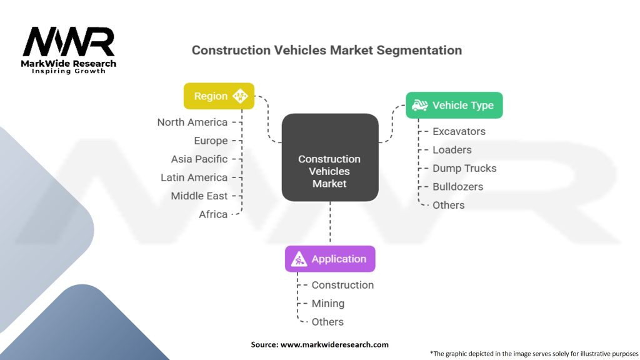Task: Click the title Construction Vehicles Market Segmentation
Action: (327, 50)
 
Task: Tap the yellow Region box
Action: (219, 96)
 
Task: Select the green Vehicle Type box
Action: (454, 105)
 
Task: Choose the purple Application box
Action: (330, 259)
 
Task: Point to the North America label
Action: (192, 122)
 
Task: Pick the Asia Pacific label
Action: (199, 159)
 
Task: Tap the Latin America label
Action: (194, 177)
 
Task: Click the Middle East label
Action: (199, 196)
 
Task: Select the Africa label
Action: (213, 214)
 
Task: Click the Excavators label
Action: (459, 131)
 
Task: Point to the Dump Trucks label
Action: (464, 168)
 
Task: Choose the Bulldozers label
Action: (457, 186)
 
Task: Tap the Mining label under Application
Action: (328, 303)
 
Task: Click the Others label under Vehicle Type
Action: (449, 205)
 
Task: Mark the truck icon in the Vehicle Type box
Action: (419, 105)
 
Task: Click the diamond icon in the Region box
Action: (240, 96)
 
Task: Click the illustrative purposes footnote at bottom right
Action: (534, 353)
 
